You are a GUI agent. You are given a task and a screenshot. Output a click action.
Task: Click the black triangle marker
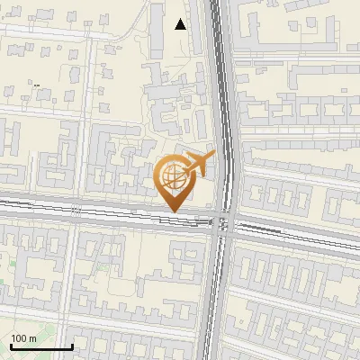click(181, 24)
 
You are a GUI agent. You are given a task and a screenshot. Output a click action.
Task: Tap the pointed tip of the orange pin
click(172, 211)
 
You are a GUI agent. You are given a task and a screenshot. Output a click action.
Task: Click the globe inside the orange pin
click(172, 175)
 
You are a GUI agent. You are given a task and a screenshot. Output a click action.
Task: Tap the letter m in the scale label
click(34, 338)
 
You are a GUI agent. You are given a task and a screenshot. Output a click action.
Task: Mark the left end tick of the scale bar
click(10, 346)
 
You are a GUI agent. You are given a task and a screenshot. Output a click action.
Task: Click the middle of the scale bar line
click(41, 347)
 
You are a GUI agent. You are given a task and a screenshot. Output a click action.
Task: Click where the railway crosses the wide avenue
click(221, 222)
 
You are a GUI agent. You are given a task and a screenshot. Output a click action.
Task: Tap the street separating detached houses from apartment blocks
click(54, 112)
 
